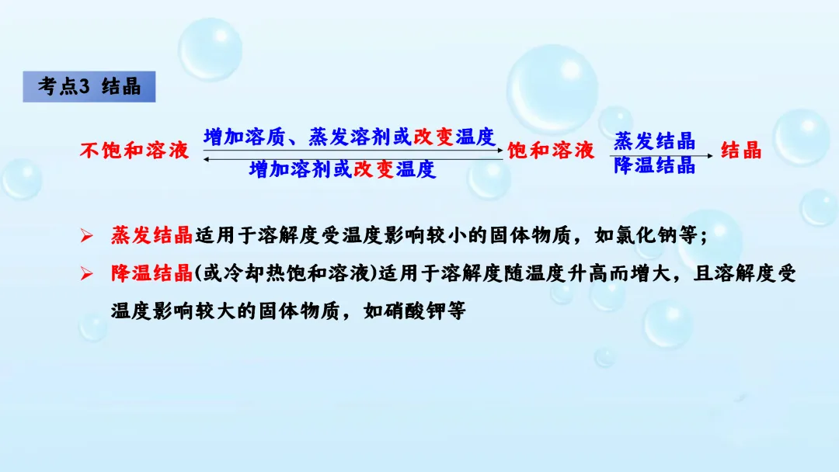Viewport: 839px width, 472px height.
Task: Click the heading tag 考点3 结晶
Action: tap(89, 87)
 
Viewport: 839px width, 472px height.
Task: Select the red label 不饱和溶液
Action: tap(134, 151)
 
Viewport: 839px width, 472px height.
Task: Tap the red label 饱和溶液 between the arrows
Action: tap(551, 151)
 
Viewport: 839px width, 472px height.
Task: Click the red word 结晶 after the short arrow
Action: tap(741, 151)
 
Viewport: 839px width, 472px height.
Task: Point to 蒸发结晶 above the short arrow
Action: tap(654, 141)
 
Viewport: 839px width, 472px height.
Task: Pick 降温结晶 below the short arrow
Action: tap(654, 165)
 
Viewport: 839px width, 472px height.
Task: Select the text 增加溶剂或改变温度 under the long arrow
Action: tap(342, 169)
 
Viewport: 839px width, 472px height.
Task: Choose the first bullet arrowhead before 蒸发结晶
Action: tap(87, 234)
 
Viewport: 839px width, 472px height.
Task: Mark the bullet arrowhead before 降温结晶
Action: tap(87, 272)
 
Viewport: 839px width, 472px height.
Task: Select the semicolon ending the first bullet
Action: tap(704, 236)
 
